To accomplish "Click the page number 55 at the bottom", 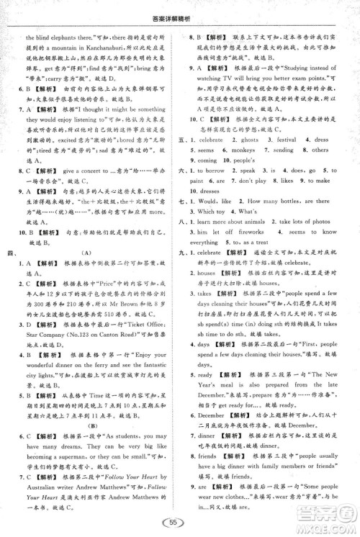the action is (x=173, y=523).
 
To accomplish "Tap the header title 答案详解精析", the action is (x=179, y=7).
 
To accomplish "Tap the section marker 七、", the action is (x=191, y=203).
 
